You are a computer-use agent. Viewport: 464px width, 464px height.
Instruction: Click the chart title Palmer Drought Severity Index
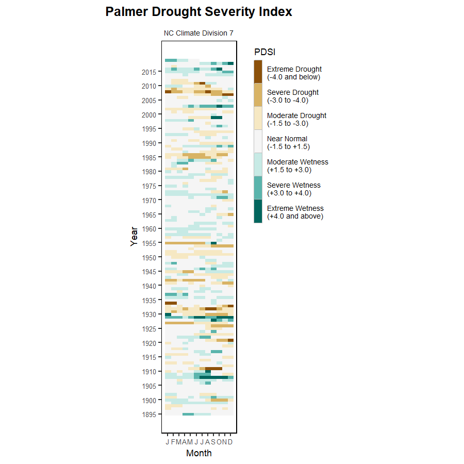click(x=198, y=12)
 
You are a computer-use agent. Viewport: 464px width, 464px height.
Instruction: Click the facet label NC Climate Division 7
click(x=198, y=33)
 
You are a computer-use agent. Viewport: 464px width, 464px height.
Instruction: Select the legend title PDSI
click(x=264, y=52)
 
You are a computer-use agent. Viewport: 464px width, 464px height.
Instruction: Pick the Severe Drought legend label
click(x=292, y=96)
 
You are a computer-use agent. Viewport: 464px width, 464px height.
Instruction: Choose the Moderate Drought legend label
click(x=296, y=119)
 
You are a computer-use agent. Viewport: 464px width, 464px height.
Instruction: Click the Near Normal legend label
click(x=288, y=142)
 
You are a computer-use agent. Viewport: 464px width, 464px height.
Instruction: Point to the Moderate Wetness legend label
click(x=297, y=165)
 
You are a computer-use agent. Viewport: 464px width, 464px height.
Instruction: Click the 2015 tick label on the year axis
click(x=149, y=72)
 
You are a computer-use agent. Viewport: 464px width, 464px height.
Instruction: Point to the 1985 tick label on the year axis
click(x=149, y=158)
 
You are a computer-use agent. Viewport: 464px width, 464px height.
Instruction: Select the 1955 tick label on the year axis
click(x=149, y=243)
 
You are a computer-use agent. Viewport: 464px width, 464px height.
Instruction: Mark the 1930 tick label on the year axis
click(x=149, y=314)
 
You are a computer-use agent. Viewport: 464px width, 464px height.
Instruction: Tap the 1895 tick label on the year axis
click(x=149, y=414)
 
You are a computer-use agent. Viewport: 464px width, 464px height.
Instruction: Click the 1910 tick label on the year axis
click(x=149, y=372)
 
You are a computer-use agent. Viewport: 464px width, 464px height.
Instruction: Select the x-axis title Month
click(x=198, y=454)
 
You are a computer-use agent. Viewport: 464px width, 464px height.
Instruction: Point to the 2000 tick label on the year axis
click(x=149, y=115)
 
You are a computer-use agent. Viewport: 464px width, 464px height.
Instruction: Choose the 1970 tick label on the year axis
click(x=149, y=201)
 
